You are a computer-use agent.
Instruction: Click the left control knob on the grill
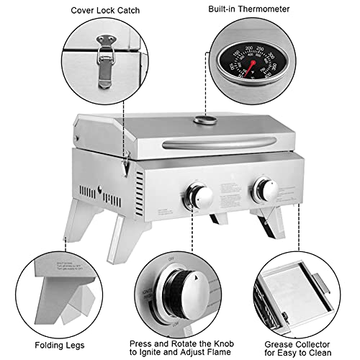click(198, 194)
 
